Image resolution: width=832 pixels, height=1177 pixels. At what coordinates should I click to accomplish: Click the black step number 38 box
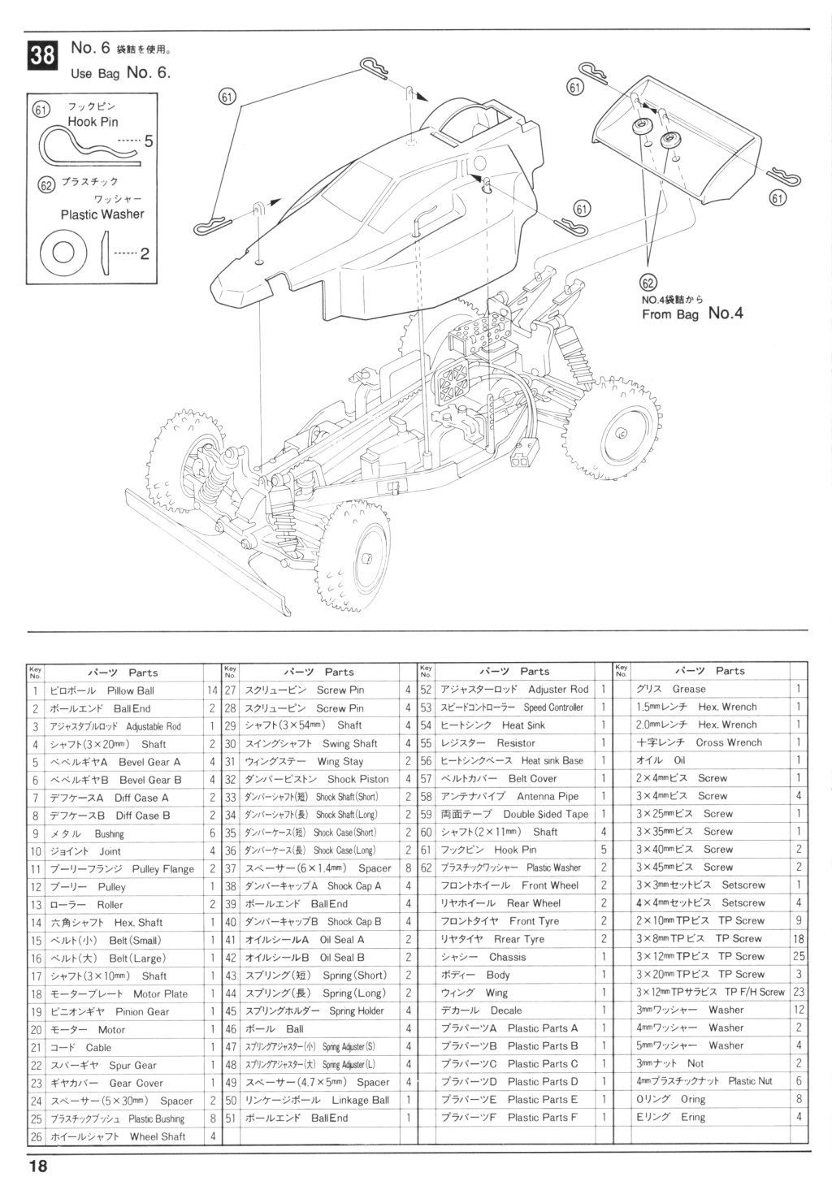42,55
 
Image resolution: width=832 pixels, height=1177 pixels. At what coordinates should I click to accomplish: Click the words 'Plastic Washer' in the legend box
102,214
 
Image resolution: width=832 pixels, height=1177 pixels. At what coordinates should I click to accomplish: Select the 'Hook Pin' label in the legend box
93,122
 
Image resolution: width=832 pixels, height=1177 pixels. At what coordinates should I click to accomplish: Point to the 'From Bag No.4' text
692,314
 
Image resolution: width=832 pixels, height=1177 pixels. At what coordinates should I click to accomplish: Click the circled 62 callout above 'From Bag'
648,283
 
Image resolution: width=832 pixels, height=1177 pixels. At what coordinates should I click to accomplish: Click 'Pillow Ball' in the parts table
131,690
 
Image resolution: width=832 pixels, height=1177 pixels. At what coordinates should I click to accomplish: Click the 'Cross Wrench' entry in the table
729,742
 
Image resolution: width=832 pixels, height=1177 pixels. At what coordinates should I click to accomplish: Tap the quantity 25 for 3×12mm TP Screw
799,957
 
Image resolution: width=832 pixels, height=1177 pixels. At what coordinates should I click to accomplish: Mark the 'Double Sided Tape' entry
545,814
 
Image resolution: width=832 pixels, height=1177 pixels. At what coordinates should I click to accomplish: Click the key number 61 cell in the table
426,850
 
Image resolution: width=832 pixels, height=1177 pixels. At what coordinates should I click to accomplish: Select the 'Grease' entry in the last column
689,689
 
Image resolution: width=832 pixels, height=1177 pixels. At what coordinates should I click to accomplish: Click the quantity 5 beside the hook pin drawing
149,141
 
